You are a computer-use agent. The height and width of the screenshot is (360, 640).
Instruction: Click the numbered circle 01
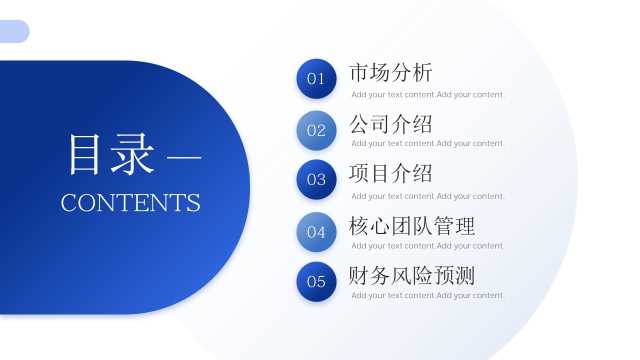click(x=316, y=79)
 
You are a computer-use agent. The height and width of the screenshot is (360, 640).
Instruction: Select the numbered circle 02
click(x=316, y=130)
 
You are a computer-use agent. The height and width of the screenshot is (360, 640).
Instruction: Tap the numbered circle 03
click(x=316, y=180)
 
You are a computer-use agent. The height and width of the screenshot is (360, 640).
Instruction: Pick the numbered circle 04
click(x=316, y=232)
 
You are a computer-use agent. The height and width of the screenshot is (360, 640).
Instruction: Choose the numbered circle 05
click(x=316, y=282)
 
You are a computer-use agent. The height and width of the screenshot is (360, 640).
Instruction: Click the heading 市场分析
click(x=391, y=73)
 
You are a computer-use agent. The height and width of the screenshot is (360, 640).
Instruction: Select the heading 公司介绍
click(x=391, y=124)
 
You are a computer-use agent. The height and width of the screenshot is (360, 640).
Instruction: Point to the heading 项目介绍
click(x=391, y=173)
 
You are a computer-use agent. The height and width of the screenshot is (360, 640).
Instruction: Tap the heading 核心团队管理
click(x=412, y=226)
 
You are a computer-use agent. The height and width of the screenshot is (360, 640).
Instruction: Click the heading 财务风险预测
click(x=412, y=276)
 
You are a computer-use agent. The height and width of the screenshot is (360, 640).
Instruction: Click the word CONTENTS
click(x=131, y=202)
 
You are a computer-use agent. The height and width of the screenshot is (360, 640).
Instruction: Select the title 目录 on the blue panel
click(x=111, y=154)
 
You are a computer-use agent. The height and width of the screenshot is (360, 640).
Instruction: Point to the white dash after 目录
click(x=184, y=156)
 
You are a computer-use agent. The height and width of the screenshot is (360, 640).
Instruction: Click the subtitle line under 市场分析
click(x=427, y=95)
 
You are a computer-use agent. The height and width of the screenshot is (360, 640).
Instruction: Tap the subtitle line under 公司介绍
click(x=427, y=144)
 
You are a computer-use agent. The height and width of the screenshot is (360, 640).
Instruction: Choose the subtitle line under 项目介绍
click(x=427, y=196)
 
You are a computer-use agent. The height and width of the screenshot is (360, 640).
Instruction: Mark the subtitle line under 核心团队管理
click(x=427, y=246)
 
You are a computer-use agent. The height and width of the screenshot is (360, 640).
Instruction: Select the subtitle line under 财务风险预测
click(x=427, y=296)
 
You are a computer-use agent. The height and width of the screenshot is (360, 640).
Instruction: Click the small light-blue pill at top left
click(x=14, y=31)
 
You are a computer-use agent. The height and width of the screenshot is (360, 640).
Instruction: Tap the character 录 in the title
click(x=133, y=154)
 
